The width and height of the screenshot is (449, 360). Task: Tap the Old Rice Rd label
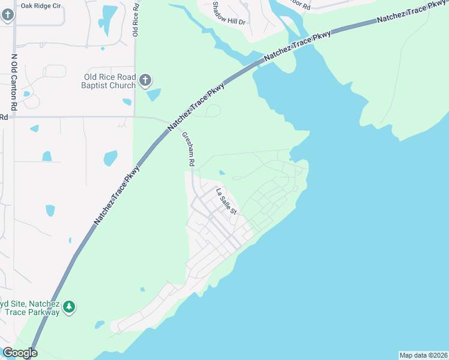click(136, 20)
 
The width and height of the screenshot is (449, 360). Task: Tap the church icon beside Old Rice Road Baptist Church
click(145, 80)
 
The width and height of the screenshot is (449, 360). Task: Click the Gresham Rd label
click(189, 149)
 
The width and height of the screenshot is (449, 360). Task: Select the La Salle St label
click(227, 201)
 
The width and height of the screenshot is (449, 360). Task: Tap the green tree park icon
click(70, 307)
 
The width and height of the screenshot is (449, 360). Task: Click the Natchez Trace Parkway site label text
click(30, 308)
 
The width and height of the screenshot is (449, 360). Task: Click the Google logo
click(20, 353)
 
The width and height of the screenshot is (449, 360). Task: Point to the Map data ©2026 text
click(423, 355)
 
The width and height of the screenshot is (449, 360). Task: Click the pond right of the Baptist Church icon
click(154, 94)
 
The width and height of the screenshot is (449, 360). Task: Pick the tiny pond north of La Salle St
click(222, 173)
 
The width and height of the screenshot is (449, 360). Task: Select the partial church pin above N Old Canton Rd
click(7, 15)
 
